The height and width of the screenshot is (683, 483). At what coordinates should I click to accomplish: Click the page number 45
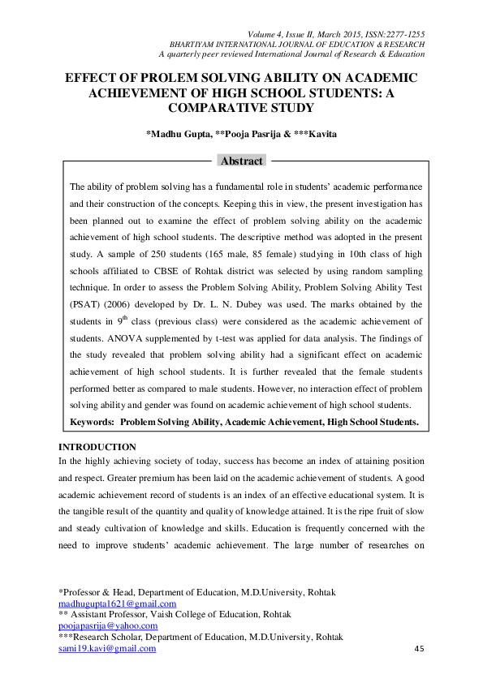[420, 649]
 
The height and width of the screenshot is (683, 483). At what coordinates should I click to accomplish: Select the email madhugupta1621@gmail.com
[117, 604]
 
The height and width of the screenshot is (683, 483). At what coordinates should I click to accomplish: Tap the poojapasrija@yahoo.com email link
[108, 625]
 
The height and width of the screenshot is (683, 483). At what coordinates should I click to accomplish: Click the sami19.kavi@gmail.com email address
[107, 648]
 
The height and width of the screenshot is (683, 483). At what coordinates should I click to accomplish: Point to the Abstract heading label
[242, 161]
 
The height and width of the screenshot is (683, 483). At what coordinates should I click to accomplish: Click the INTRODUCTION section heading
[97, 447]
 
